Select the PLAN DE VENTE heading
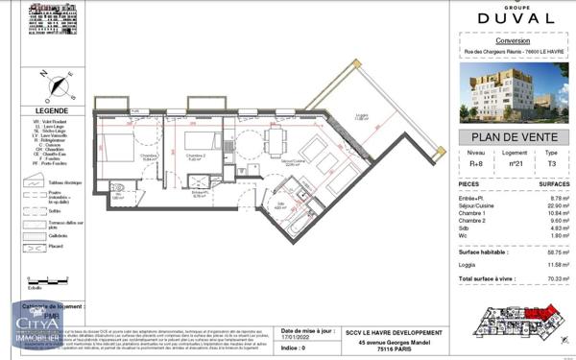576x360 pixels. click(x=502, y=138)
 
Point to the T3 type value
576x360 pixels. click(x=550, y=164)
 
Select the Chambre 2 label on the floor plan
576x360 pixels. click(x=194, y=156)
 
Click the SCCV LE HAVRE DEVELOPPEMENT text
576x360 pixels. click(x=395, y=332)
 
